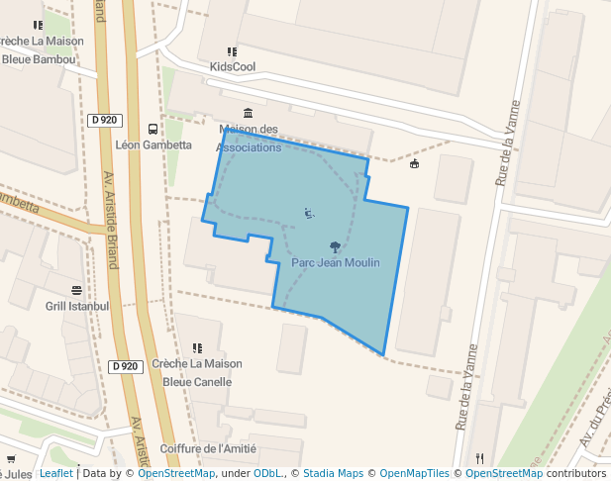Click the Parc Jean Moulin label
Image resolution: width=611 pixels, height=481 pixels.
(336, 262)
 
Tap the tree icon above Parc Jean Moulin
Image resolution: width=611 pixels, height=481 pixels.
(335, 246)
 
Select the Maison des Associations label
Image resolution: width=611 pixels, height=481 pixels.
(249, 139)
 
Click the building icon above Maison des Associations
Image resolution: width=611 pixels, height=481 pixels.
(247, 113)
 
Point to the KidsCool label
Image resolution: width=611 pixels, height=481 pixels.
(233, 67)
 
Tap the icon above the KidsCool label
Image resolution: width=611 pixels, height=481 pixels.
(232, 51)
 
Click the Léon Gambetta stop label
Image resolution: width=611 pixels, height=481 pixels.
(153, 144)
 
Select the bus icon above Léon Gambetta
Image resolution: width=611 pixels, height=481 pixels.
(153, 129)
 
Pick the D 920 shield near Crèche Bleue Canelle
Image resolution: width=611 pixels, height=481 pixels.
(125, 366)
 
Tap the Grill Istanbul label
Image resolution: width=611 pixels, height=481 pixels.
(77, 306)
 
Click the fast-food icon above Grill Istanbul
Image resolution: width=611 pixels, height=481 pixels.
(77, 290)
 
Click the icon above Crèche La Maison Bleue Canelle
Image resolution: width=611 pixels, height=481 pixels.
(197, 347)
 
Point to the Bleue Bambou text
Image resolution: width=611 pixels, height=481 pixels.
(39, 59)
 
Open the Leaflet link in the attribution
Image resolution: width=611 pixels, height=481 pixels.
(56, 473)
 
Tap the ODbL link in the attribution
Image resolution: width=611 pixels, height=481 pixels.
(268, 473)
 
